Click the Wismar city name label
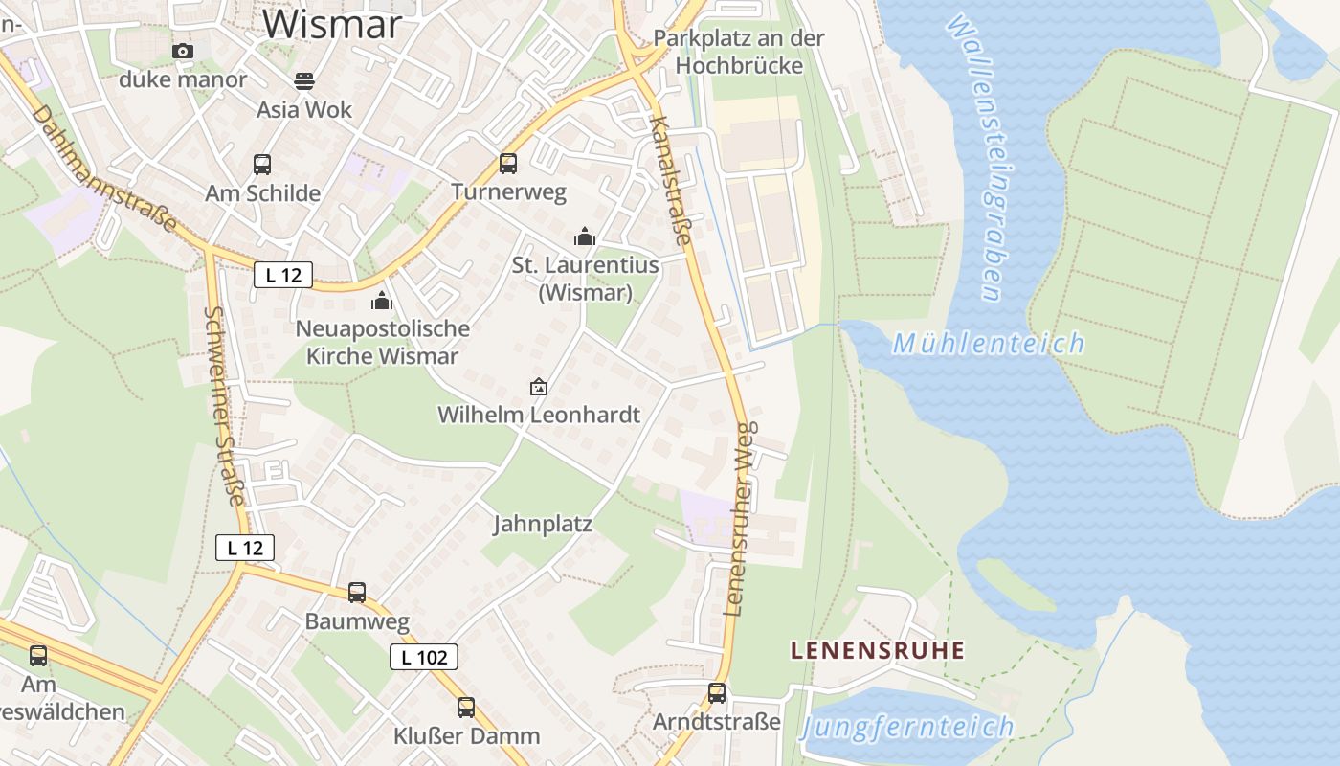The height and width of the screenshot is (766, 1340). pos(332,23)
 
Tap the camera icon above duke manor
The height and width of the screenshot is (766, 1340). pos(183,51)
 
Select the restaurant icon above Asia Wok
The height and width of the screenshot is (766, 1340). pos(304,80)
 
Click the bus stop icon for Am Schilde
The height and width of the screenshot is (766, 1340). pos(262,164)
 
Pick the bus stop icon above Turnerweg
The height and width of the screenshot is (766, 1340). pos(508,163)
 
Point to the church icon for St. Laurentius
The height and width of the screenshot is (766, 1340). pos(585,236)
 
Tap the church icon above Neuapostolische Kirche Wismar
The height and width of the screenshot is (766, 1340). pos(382,301)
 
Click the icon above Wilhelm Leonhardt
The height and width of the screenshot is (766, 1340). pos(539,387)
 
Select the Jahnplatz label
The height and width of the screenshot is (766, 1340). pos(543,524)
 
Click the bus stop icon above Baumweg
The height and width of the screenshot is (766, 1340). pos(357,592)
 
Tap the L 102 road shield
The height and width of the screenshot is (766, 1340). pos(424,657)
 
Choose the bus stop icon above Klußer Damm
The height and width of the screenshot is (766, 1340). pos(466,707)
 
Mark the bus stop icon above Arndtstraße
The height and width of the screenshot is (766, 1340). pos(717,692)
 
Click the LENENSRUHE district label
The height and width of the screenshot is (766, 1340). pos(878,650)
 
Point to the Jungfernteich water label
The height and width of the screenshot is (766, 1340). pos(907,727)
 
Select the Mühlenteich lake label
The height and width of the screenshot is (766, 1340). pos(989,343)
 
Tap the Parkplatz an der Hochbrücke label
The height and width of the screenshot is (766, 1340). pos(738,51)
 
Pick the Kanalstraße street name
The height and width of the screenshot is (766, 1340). pos(670,180)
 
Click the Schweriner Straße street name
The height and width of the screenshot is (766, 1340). pos(226,405)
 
